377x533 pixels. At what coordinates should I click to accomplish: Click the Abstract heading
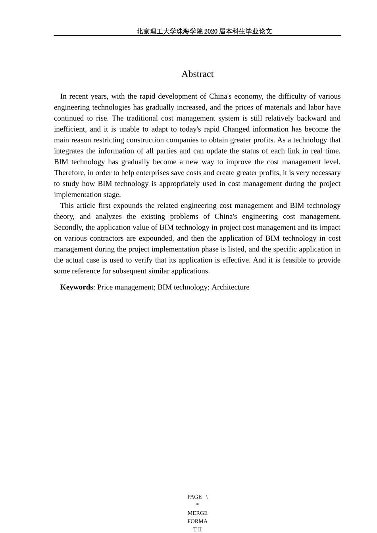tap(197, 74)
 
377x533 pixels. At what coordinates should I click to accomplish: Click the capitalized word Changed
tap(236, 129)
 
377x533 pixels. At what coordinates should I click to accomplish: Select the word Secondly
tap(69, 228)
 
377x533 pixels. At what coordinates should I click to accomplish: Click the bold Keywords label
tap(77, 287)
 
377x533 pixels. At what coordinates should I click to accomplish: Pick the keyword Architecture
tap(230, 287)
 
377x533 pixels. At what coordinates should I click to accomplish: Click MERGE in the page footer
tap(197, 513)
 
